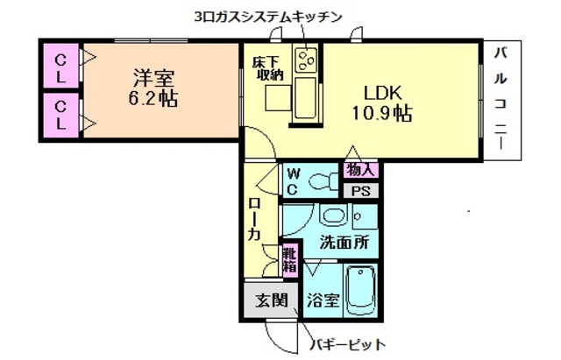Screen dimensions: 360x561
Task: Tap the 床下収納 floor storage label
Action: pos(266,67)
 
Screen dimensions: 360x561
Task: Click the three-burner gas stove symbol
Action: pos(307,60)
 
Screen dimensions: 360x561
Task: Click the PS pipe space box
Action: pos(359,191)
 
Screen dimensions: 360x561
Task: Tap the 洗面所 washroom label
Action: pos(343,242)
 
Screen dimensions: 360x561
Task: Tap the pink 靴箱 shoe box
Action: pos(289,260)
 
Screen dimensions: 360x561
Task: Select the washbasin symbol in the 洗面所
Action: pos(333,215)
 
